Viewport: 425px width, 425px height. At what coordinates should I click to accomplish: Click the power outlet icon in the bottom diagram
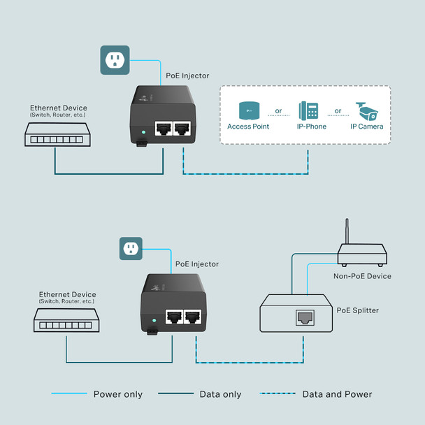pyautogui.click(x=131, y=248)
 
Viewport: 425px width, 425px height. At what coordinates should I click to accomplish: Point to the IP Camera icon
pyautogui.click(x=368, y=110)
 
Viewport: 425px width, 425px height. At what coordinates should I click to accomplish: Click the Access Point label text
pyautogui.click(x=248, y=127)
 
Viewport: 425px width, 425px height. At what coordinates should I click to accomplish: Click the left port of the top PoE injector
pyautogui.click(x=164, y=129)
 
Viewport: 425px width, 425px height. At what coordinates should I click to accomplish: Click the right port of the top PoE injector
pyautogui.click(x=183, y=129)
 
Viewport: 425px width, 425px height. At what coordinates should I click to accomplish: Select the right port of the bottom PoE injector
pyautogui.click(x=194, y=316)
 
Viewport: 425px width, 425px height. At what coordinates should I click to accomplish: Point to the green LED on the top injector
pyautogui.click(x=143, y=131)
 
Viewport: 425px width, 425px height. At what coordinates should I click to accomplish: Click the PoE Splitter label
pyautogui.click(x=357, y=310)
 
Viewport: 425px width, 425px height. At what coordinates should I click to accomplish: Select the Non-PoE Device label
pyautogui.click(x=362, y=276)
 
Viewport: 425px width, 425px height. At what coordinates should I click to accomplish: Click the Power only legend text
pyautogui.click(x=118, y=394)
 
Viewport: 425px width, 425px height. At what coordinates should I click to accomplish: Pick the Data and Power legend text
pyautogui.click(x=337, y=394)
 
